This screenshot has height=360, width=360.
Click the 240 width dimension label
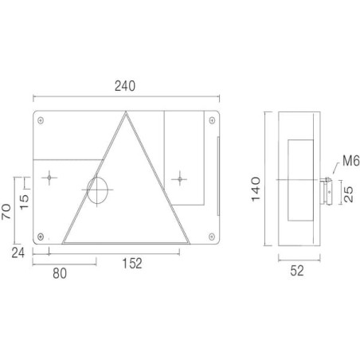[x=125, y=86]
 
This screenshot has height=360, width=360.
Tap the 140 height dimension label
[x=256, y=190]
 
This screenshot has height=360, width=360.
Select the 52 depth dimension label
[x=297, y=271]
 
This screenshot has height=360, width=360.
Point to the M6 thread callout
[x=351, y=161]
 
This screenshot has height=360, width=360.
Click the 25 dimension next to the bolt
[x=348, y=194]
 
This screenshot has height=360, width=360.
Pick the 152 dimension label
[x=132, y=264]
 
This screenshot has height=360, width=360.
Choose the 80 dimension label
[x=60, y=273]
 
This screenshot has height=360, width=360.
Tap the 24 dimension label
[x=18, y=252]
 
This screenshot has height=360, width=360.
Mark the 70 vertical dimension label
[x=6, y=212]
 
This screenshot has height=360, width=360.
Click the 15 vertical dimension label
[x=24, y=202]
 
